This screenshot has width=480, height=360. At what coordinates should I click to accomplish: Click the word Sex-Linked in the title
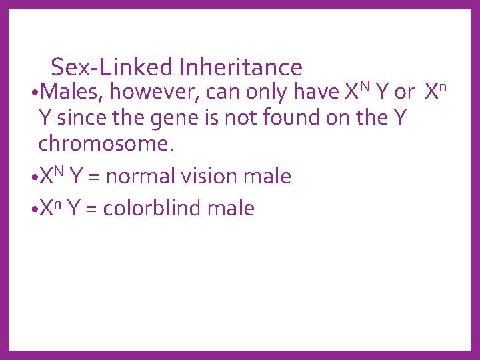coord(112,67)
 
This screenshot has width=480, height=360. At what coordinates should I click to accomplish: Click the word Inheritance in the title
coord(241,67)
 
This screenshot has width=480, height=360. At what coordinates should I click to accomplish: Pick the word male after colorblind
coord(231,208)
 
